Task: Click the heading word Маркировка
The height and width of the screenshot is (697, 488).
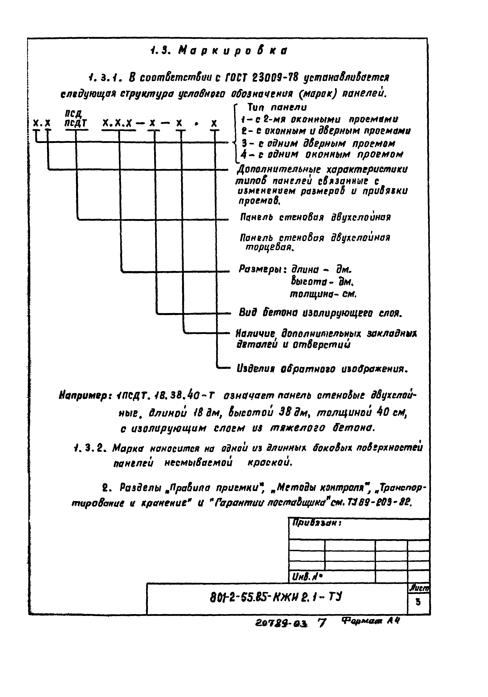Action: point(232,50)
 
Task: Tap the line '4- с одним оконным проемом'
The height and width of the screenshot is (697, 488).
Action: point(322,155)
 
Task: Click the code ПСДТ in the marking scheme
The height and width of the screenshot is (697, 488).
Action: point(76,123)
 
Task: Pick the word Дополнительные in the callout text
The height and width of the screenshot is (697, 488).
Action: point(279,169)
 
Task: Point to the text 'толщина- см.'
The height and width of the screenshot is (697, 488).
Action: point(323,294)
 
